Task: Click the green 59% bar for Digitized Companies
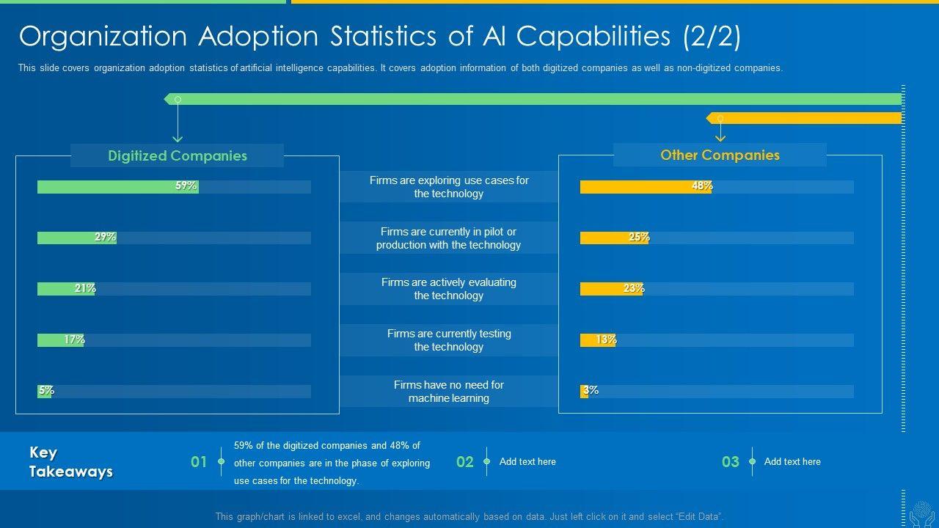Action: coord(117,187)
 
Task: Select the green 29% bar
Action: coord(76,238)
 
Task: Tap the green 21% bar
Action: coord(66,289)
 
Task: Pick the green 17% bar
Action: coord(60,340)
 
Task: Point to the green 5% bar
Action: coord(44,392)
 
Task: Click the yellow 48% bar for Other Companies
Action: coord(646,187)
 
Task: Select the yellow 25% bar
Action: coord(614,238)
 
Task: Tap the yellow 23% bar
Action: coord(611,289)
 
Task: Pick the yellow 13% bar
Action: coord(597,340)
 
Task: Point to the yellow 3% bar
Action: coord(584,392)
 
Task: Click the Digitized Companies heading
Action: coord(177,155)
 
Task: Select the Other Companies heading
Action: coord(720,155)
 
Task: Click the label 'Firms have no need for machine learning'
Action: coord(448,392)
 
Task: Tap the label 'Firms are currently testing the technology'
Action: coord(448,340)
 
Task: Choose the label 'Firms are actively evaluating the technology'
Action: coord(448,289)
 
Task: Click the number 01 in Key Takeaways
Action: coord(199,462)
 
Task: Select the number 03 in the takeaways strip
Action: coord(730,462)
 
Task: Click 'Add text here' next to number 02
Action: coord(527,462)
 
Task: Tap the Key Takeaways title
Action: coord(70,462)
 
